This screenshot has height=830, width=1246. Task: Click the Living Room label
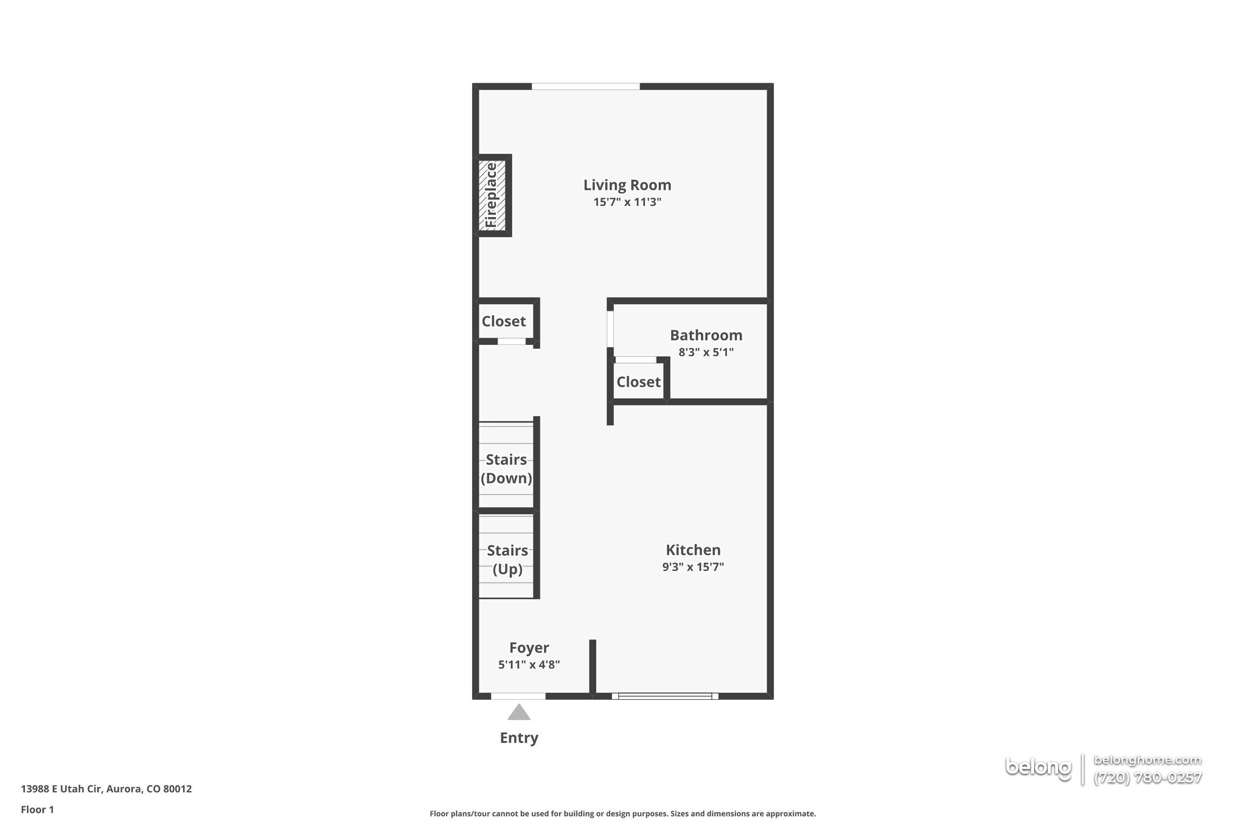(627, 185)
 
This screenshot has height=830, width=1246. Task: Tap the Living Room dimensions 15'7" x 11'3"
(627, 202)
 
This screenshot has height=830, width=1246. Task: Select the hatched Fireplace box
(492, 195)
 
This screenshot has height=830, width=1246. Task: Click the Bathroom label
(706, 335)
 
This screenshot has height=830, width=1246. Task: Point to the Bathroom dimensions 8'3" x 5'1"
(706, 352)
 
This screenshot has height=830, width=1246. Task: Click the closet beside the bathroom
(638, 382)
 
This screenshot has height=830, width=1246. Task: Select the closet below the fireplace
(504, 321)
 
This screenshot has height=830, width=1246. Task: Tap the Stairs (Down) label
(506, 469)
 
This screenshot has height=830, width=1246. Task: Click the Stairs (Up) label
(507, 559)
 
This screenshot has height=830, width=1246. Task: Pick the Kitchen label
(693, 550)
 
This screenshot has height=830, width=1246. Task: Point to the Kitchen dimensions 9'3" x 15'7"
(693, 567)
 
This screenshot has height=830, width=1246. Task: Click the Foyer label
(529, 648)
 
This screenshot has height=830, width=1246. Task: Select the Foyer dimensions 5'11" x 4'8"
(529, 665)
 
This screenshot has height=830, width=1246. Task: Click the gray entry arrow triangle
(518, 713)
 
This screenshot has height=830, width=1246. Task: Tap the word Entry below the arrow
(519, 738)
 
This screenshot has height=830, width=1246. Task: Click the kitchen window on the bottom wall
(665, 696)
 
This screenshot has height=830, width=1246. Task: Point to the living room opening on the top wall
(585, 86)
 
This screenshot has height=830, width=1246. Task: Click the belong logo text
(1038, 768)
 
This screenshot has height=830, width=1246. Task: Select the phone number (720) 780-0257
(1147, 778)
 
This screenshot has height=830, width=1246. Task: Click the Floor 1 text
(37, 809)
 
